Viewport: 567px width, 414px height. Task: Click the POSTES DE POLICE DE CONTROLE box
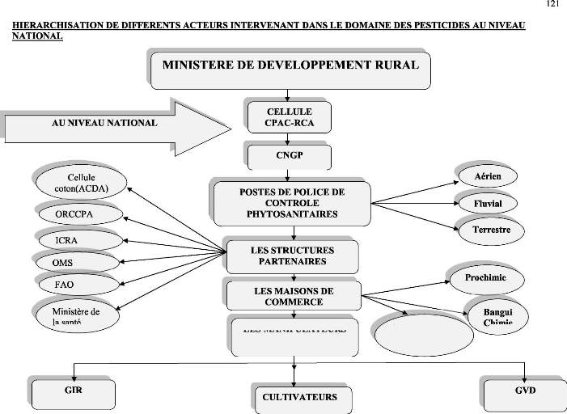pyautogui.click(x=292, y=203)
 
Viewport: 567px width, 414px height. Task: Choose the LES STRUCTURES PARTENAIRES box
pyautogui.click(x=293, y=256)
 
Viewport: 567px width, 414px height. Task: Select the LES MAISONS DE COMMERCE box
pyautogui.click(x=293, y=295)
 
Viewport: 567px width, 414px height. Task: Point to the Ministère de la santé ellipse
pyautogui.click(x=76, y=315)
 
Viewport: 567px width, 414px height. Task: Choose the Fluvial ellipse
pyautogui.click(x=488, y=203)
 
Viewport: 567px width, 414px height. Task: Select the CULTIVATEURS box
pyautogui.click(x=299, y=398)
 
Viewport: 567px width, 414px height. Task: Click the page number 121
pyautogui.click(x=552, y=5)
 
